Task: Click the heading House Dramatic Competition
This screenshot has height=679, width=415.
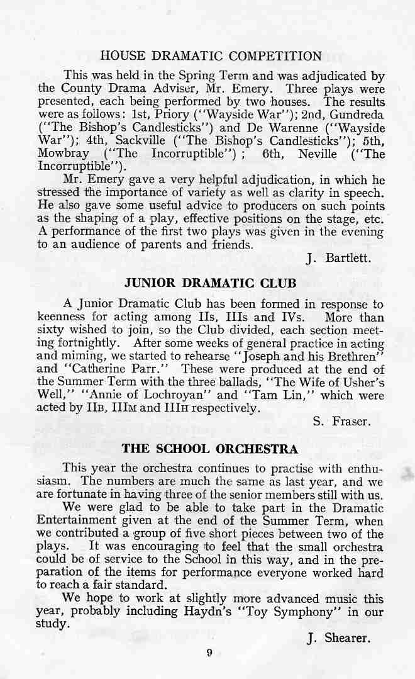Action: [211, 56]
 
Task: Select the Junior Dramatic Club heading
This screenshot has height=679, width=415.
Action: [211, 283]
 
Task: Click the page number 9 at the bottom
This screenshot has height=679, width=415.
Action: [209, 653]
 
